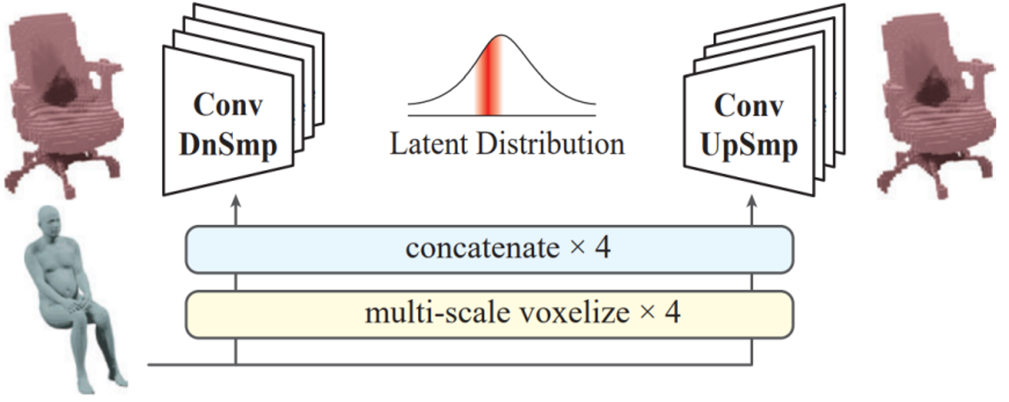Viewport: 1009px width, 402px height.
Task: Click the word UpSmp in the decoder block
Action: (x=749, y=148)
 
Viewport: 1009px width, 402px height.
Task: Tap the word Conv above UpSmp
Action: (x=749, y=106)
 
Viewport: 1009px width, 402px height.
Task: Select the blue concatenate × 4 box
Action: (x=489, y=249)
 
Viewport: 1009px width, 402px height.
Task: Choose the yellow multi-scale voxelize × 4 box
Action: (x=489, y=313)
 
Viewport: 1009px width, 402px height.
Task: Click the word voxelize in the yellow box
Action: (x=578, y=313)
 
